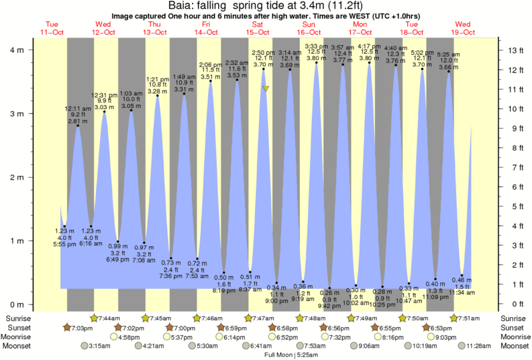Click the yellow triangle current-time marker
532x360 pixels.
(x=266, y=88)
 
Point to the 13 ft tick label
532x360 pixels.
(x=515, y=50)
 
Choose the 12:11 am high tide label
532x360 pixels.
(x=77, y=109)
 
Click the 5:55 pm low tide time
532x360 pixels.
(x=65, y=245)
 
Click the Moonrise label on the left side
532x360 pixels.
(x=19, y=337)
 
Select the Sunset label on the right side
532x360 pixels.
(x=513, y=327)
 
